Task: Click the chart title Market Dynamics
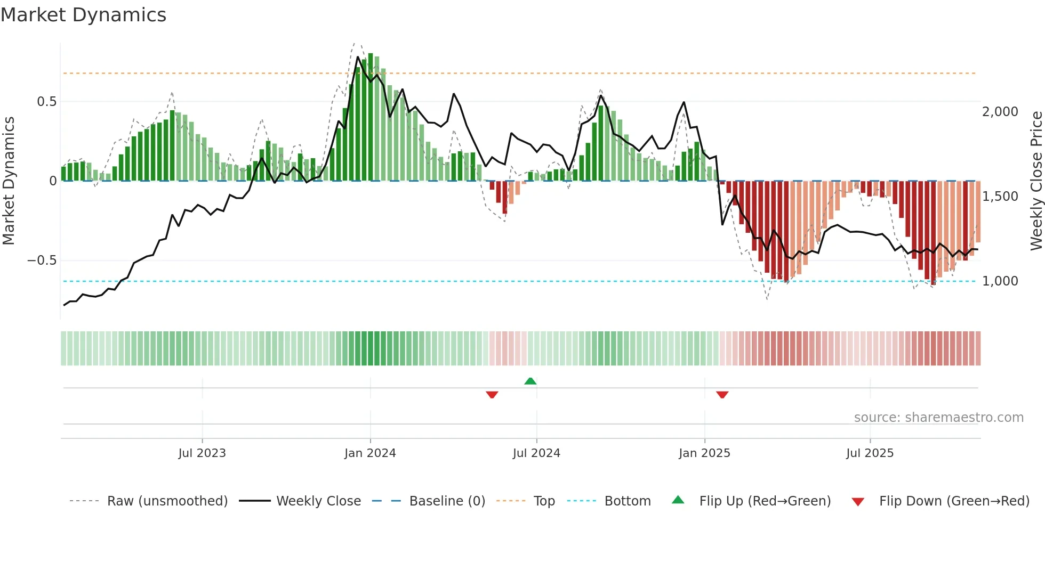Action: [x=83, y=15]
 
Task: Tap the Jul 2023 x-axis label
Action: [x=202, y=453]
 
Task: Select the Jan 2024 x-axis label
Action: [x=370, y=453]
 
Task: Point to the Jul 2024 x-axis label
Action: [x=536, y=453]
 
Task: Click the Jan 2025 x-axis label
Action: [x=704, y=453]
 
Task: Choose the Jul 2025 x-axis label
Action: [x=870, y=453]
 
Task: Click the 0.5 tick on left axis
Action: [x=46, y=102]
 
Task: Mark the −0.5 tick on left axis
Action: [x=42, y=260]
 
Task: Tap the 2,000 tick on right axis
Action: [x=1000, y=112]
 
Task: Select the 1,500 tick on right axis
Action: [x=1000, y=197]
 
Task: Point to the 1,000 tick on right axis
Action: [x=1000, y=281]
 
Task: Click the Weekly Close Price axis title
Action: [x=1036, y=181]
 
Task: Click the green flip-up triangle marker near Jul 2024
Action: [x=530, y=381]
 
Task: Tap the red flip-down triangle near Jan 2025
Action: [x=722, y=395]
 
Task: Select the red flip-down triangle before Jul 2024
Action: [x=492, y=395]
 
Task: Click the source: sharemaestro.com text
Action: [x=938, y=418]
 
